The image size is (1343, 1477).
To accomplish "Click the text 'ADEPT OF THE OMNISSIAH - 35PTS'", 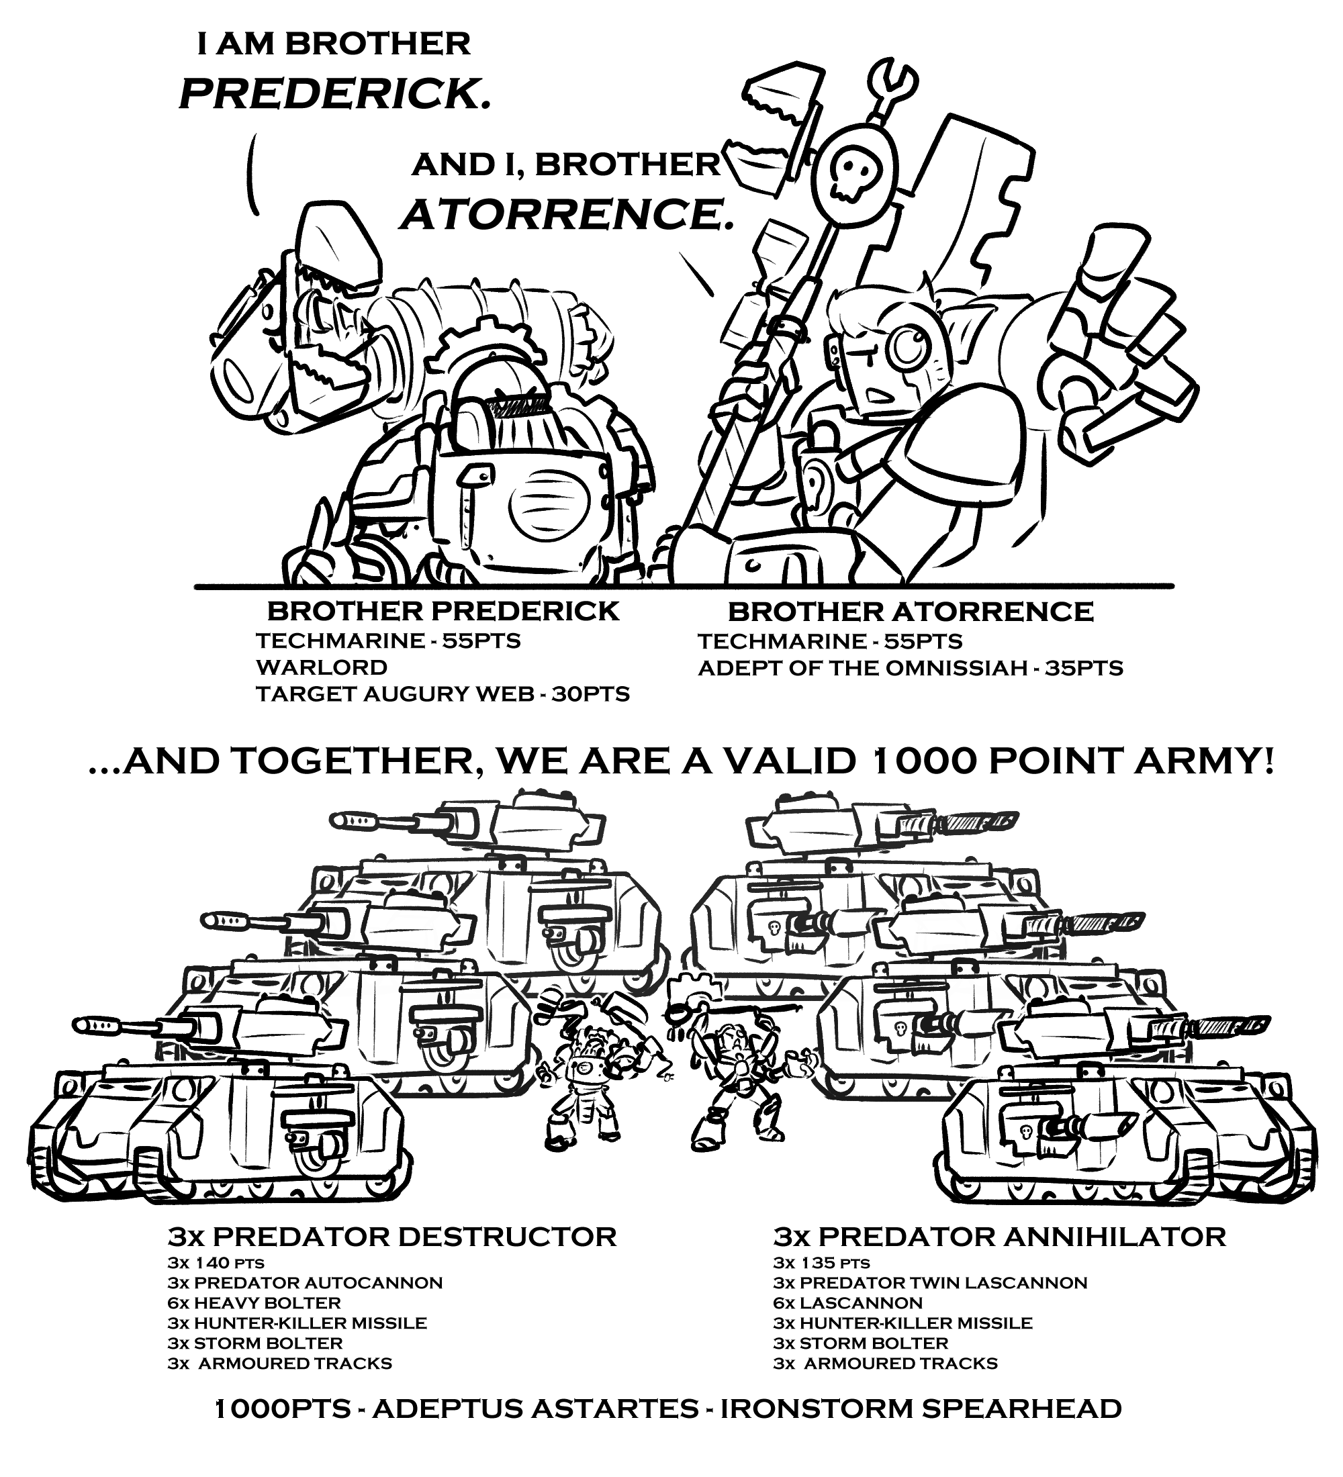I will click(x=910, y=668).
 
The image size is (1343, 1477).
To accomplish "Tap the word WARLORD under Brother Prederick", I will click(x=322, y=667).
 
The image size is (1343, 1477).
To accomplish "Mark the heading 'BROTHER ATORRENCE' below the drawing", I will click(x=910, y=611).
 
